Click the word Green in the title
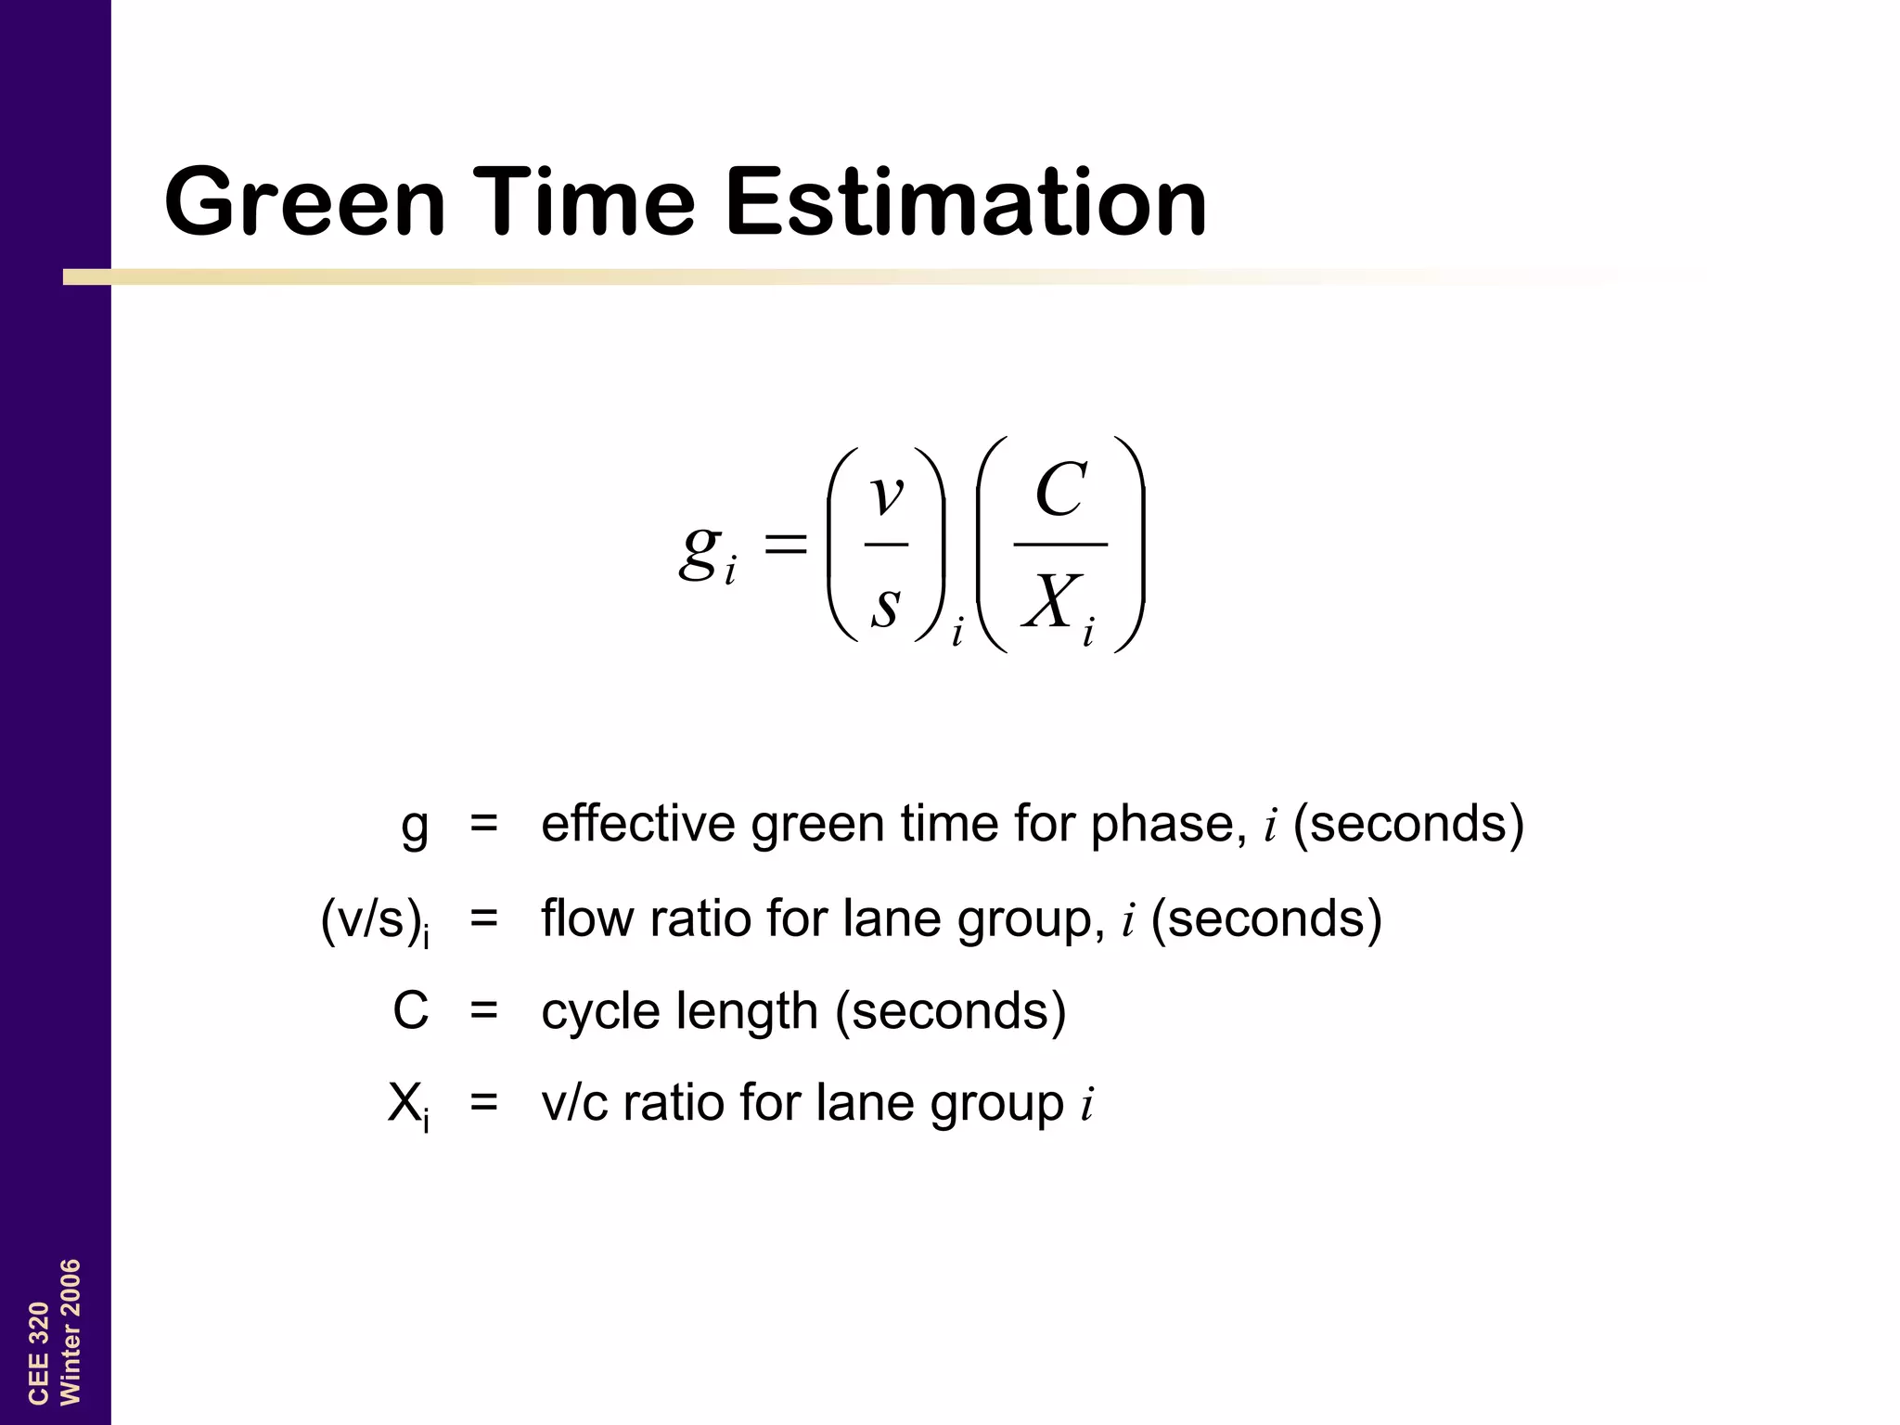pos(305,201)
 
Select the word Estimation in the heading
pos(966,201)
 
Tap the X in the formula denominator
pos(1051,601)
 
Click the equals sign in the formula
pos(785,545)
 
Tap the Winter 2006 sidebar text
pos(71,1331)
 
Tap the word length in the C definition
pos(747,1010)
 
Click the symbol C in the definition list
pos(410,1010)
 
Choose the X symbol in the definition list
pos(404,1103)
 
